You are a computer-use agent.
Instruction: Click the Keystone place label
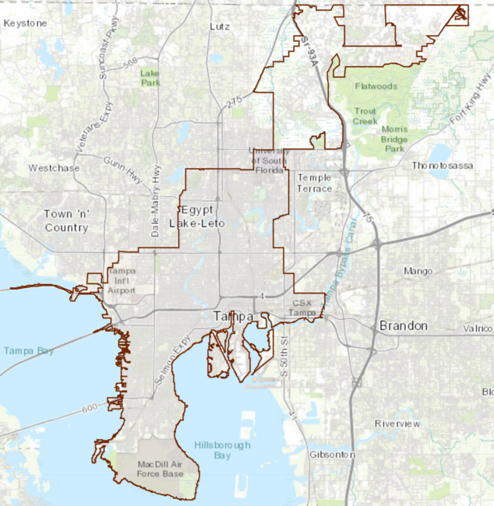click(25, 23)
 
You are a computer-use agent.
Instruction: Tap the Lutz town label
click(220, 26)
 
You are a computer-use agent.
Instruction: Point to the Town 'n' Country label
click(66, 221)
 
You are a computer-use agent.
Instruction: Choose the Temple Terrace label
click(315, 183)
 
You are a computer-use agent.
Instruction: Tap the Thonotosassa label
click(442, 166)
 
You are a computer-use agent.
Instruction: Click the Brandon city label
click(403, 325)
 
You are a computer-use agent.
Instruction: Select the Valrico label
click(478, 329)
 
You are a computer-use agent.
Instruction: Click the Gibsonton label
click(332, 454)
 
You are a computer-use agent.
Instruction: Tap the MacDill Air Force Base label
click(160, 468)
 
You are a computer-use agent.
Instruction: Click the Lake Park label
click(150, 77)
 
